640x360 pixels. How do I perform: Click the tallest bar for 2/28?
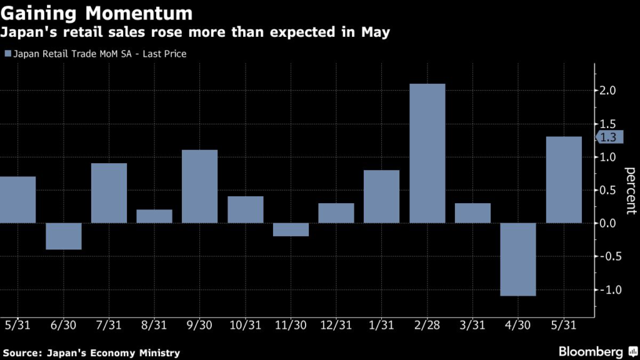coord(427,153)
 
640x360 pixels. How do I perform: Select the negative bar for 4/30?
coord(518,259)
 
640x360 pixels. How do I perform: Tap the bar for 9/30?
coord(199,186)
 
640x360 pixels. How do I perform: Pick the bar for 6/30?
coord(64,236)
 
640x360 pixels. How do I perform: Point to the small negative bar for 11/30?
coord(291,229)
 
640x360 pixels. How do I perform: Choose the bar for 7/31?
coord(109,192)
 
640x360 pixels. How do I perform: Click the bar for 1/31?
coord(381,196)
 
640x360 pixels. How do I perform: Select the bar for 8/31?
coord(154,216)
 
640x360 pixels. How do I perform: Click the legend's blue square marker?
coord(7,54)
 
